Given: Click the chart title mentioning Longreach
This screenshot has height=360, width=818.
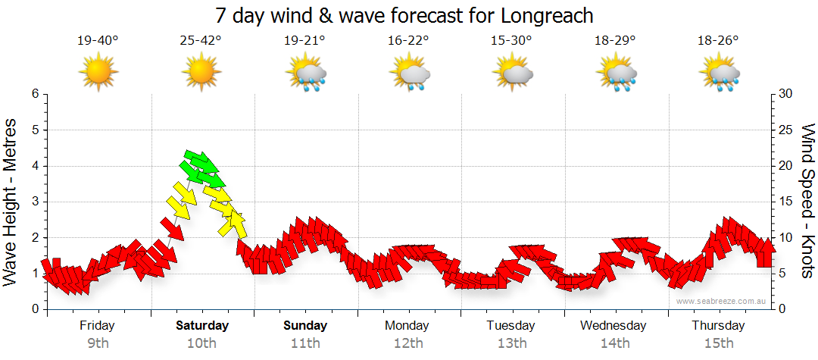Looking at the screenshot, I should point(404,15).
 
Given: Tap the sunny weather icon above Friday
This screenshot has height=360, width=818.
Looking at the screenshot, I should point(98,72).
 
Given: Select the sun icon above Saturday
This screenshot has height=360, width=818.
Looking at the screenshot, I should point(201,72).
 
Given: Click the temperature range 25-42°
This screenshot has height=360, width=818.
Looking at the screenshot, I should point(201,41).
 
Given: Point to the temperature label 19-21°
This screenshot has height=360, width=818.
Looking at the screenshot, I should point(304,41).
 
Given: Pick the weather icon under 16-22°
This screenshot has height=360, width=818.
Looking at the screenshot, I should point(410,74).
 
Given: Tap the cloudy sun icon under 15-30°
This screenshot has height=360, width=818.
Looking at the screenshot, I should point(512,74).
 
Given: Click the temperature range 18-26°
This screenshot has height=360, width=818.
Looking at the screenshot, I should point(718,41).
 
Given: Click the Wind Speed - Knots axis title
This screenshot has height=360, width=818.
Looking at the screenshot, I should point(807,201).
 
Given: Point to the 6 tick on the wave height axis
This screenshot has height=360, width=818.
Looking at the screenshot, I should point(34,94).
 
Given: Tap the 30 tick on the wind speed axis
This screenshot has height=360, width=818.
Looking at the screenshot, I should point(786,94).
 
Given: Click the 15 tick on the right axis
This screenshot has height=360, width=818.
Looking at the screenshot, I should point(786,202).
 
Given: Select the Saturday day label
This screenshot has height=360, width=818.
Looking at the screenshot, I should point(202,326).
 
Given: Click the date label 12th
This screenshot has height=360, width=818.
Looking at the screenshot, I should point(408,343).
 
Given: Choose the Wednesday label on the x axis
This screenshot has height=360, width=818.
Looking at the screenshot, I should point(613,326).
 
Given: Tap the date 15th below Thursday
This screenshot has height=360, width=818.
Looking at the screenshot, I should point(719,343).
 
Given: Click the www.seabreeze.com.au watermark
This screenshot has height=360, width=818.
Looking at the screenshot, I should point(722,301).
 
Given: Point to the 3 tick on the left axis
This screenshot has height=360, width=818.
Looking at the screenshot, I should point(34,202).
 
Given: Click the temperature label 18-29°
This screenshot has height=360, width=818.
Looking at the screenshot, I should point(615,41).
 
